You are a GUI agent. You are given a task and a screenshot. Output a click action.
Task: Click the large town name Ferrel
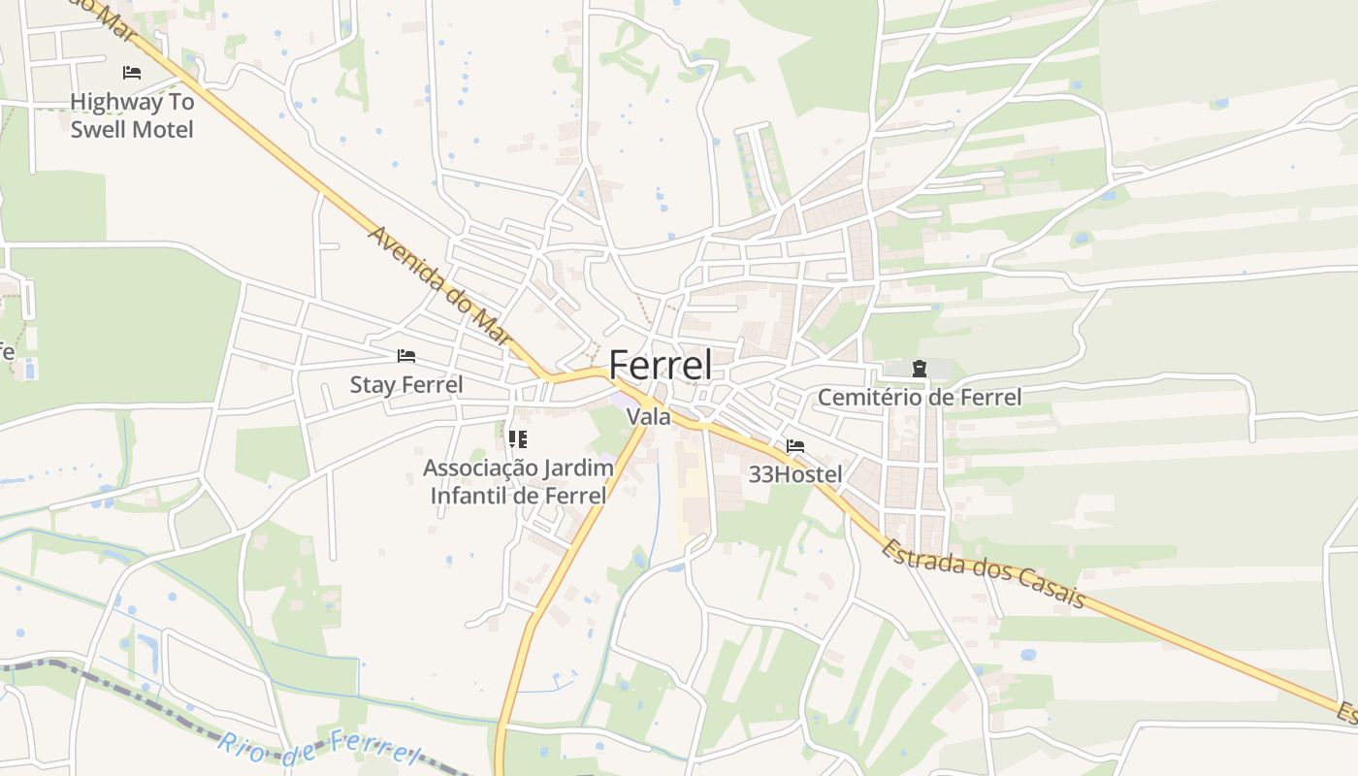click(x=660, y=366)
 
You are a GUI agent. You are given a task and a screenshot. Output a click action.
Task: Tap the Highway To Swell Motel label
click(x=132, y=115)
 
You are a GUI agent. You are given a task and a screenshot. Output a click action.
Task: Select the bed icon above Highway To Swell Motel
click(x=132, y=73)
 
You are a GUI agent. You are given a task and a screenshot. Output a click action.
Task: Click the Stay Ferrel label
click(x=406, y=385)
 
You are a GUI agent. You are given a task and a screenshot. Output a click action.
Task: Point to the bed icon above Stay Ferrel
click(x=406, y=356)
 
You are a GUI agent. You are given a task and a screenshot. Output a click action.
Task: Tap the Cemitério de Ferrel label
click(x=919, y=397)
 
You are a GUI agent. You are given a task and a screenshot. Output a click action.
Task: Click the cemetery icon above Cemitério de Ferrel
click(x=919, y=369)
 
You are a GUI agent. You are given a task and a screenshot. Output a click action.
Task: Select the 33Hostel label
click(x=795, y=475)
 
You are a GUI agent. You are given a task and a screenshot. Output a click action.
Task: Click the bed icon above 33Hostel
click(x=795, y=446)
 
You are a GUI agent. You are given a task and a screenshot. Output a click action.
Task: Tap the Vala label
click(x=649, y=417)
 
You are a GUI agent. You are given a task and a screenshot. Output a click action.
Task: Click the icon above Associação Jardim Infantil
click(x=518, y=439)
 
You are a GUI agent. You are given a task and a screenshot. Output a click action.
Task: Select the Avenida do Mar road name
click(x=439, y=286)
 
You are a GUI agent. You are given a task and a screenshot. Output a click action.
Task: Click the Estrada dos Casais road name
click(x=983, y=573)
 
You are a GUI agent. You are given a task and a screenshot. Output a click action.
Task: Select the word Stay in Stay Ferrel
click(x=372, y=385)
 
